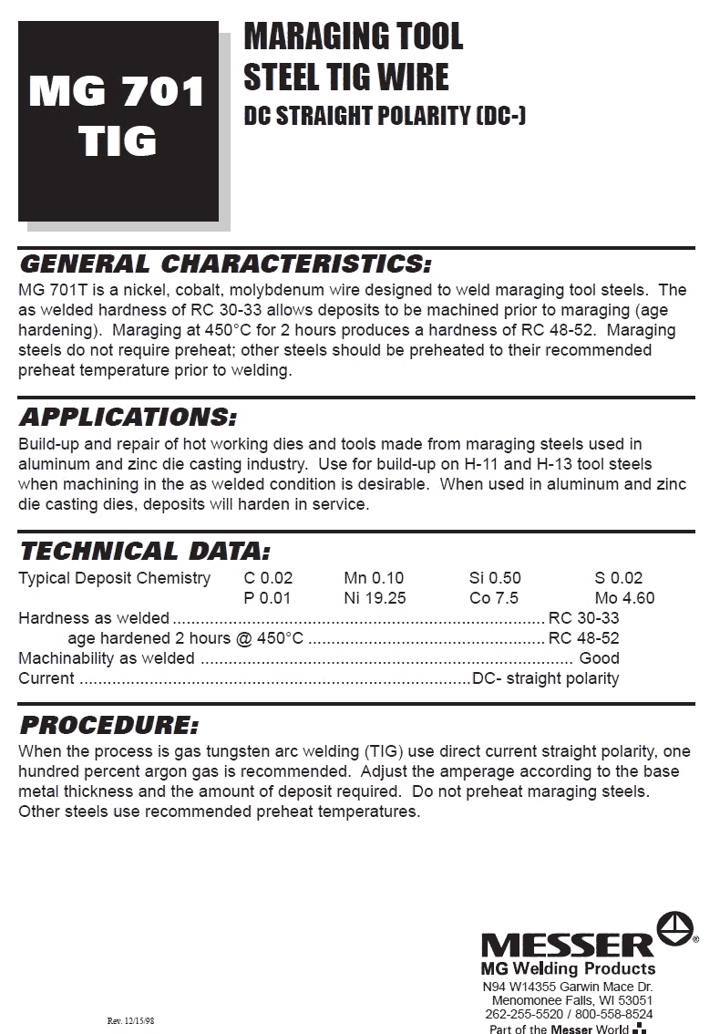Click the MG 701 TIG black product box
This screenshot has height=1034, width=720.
(118, 120)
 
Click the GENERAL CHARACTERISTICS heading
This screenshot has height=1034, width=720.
(224, 264)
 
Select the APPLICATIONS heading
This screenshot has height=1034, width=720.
(128, 418)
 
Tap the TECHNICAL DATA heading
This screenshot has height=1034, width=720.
(145, 551)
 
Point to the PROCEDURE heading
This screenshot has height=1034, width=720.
(108, 726)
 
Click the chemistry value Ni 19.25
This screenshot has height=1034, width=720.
(375, 598)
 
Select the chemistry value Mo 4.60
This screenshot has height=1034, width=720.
(624, 598)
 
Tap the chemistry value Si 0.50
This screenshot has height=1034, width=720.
(495, 578)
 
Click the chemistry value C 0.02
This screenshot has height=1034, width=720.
(268, 578)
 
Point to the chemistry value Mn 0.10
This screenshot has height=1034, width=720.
(374, 578)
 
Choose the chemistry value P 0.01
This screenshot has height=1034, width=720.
(267, 598)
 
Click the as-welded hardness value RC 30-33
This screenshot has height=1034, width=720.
(583, 618)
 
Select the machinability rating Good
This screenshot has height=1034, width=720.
(599, 658)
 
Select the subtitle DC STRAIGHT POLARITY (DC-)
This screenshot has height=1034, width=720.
(385, 117)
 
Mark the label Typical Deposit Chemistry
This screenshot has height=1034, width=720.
(114, 578)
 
